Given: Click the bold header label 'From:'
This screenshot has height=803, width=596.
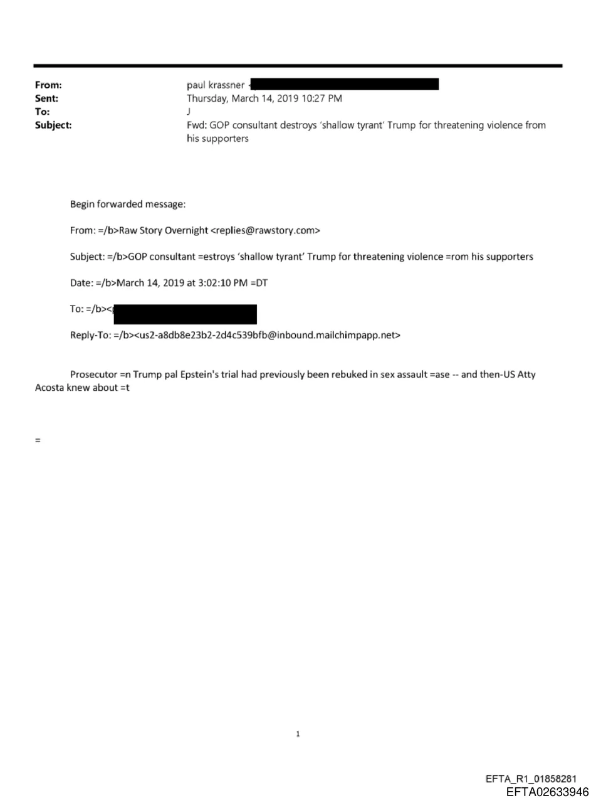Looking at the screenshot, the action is click(48, 85).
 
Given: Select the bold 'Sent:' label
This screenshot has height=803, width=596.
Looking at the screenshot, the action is click(46, 98).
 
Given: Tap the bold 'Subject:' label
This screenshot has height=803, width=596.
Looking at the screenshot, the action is click(53, 125).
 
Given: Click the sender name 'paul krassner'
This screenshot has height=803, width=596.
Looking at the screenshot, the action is click(216, 85).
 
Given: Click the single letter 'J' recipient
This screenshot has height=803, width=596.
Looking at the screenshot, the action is click(189, 112).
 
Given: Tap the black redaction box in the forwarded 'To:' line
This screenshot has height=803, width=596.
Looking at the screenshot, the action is click(185, 314).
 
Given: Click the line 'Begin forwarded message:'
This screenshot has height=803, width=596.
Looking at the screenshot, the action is click(128, 205).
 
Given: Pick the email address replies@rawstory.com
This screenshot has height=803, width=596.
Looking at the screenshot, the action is click(266, 231).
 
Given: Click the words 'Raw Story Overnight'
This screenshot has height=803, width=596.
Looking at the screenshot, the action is click(164, 231).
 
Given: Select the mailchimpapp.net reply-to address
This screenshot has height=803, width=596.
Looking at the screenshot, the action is click(268, 335).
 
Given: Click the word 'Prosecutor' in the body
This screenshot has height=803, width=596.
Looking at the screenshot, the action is click(93, 375).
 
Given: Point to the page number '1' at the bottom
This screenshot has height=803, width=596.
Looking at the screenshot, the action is click(298, 734).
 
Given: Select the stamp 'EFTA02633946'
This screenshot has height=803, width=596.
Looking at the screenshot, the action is click(548, 792).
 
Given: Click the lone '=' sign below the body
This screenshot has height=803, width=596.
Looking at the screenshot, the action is click(38, 440).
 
